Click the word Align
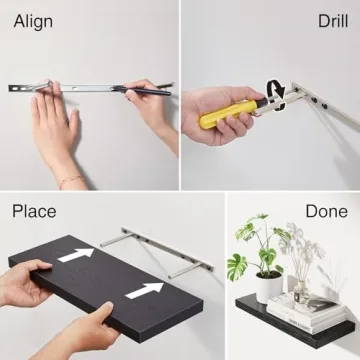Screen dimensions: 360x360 tap(33, 22)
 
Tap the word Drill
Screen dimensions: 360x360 tap(333, 21)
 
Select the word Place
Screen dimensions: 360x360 tap(34, 212)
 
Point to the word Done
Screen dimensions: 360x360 tap(327, 211)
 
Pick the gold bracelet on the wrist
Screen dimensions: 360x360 tap(71, 181)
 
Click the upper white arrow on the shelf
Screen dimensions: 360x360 tap(76, 255)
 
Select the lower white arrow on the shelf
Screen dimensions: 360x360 tap(144, 290)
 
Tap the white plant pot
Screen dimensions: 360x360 tap(269, 287)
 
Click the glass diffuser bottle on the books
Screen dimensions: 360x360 tap(302, 292)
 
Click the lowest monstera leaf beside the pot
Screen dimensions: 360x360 tap(237, 267)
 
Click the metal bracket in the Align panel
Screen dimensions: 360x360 tap(90, 88)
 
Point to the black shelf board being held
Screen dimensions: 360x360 tap(106, 287)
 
